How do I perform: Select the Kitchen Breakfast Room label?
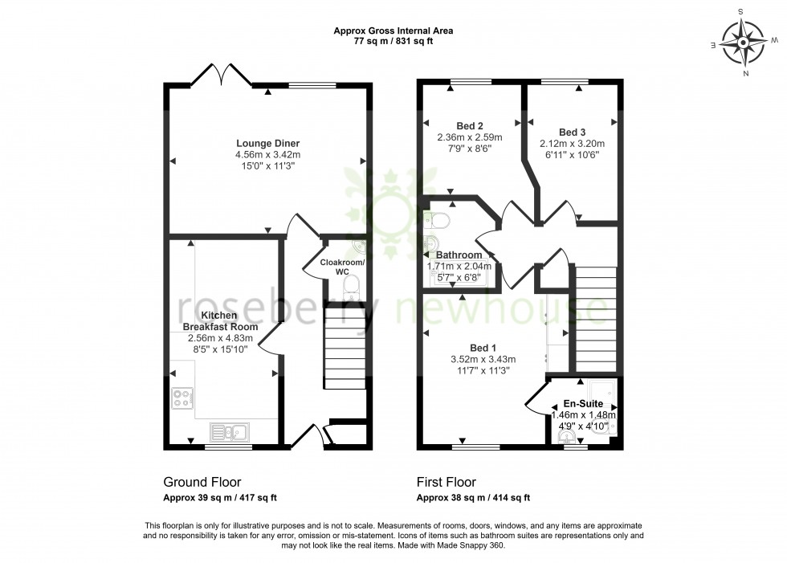click(x=219, y=321)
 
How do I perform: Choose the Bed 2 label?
click(x=470, y=125)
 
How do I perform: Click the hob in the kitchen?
click(x=182, y=398)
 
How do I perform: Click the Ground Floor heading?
click(x=202, y=483)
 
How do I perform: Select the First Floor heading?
click(x=446, y=483)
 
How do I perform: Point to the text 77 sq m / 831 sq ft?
click(x=393, y=42)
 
